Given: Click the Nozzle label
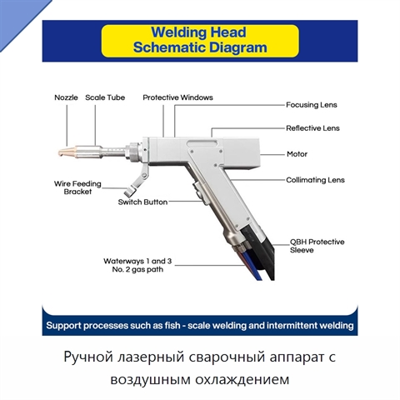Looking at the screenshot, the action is click(66, 97).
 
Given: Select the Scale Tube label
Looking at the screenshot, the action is click(105, 97).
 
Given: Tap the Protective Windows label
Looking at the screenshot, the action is click(177, 97).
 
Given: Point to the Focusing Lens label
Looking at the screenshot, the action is click(312, 105).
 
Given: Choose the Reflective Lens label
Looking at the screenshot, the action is click(312, 128).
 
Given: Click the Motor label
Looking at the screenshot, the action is click(297, 154).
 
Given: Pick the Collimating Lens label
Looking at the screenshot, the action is click(315, 180).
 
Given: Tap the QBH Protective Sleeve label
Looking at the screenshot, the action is click(317, 246).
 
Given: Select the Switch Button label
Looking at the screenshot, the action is click(142, 202).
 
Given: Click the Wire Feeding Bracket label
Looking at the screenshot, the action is click(77, 187).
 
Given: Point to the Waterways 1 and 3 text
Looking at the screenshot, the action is click(137, 261).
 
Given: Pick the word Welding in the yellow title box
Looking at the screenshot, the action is click(178, 32).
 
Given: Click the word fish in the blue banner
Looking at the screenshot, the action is click(172, 325).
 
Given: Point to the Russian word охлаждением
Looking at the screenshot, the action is click(242, 379).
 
